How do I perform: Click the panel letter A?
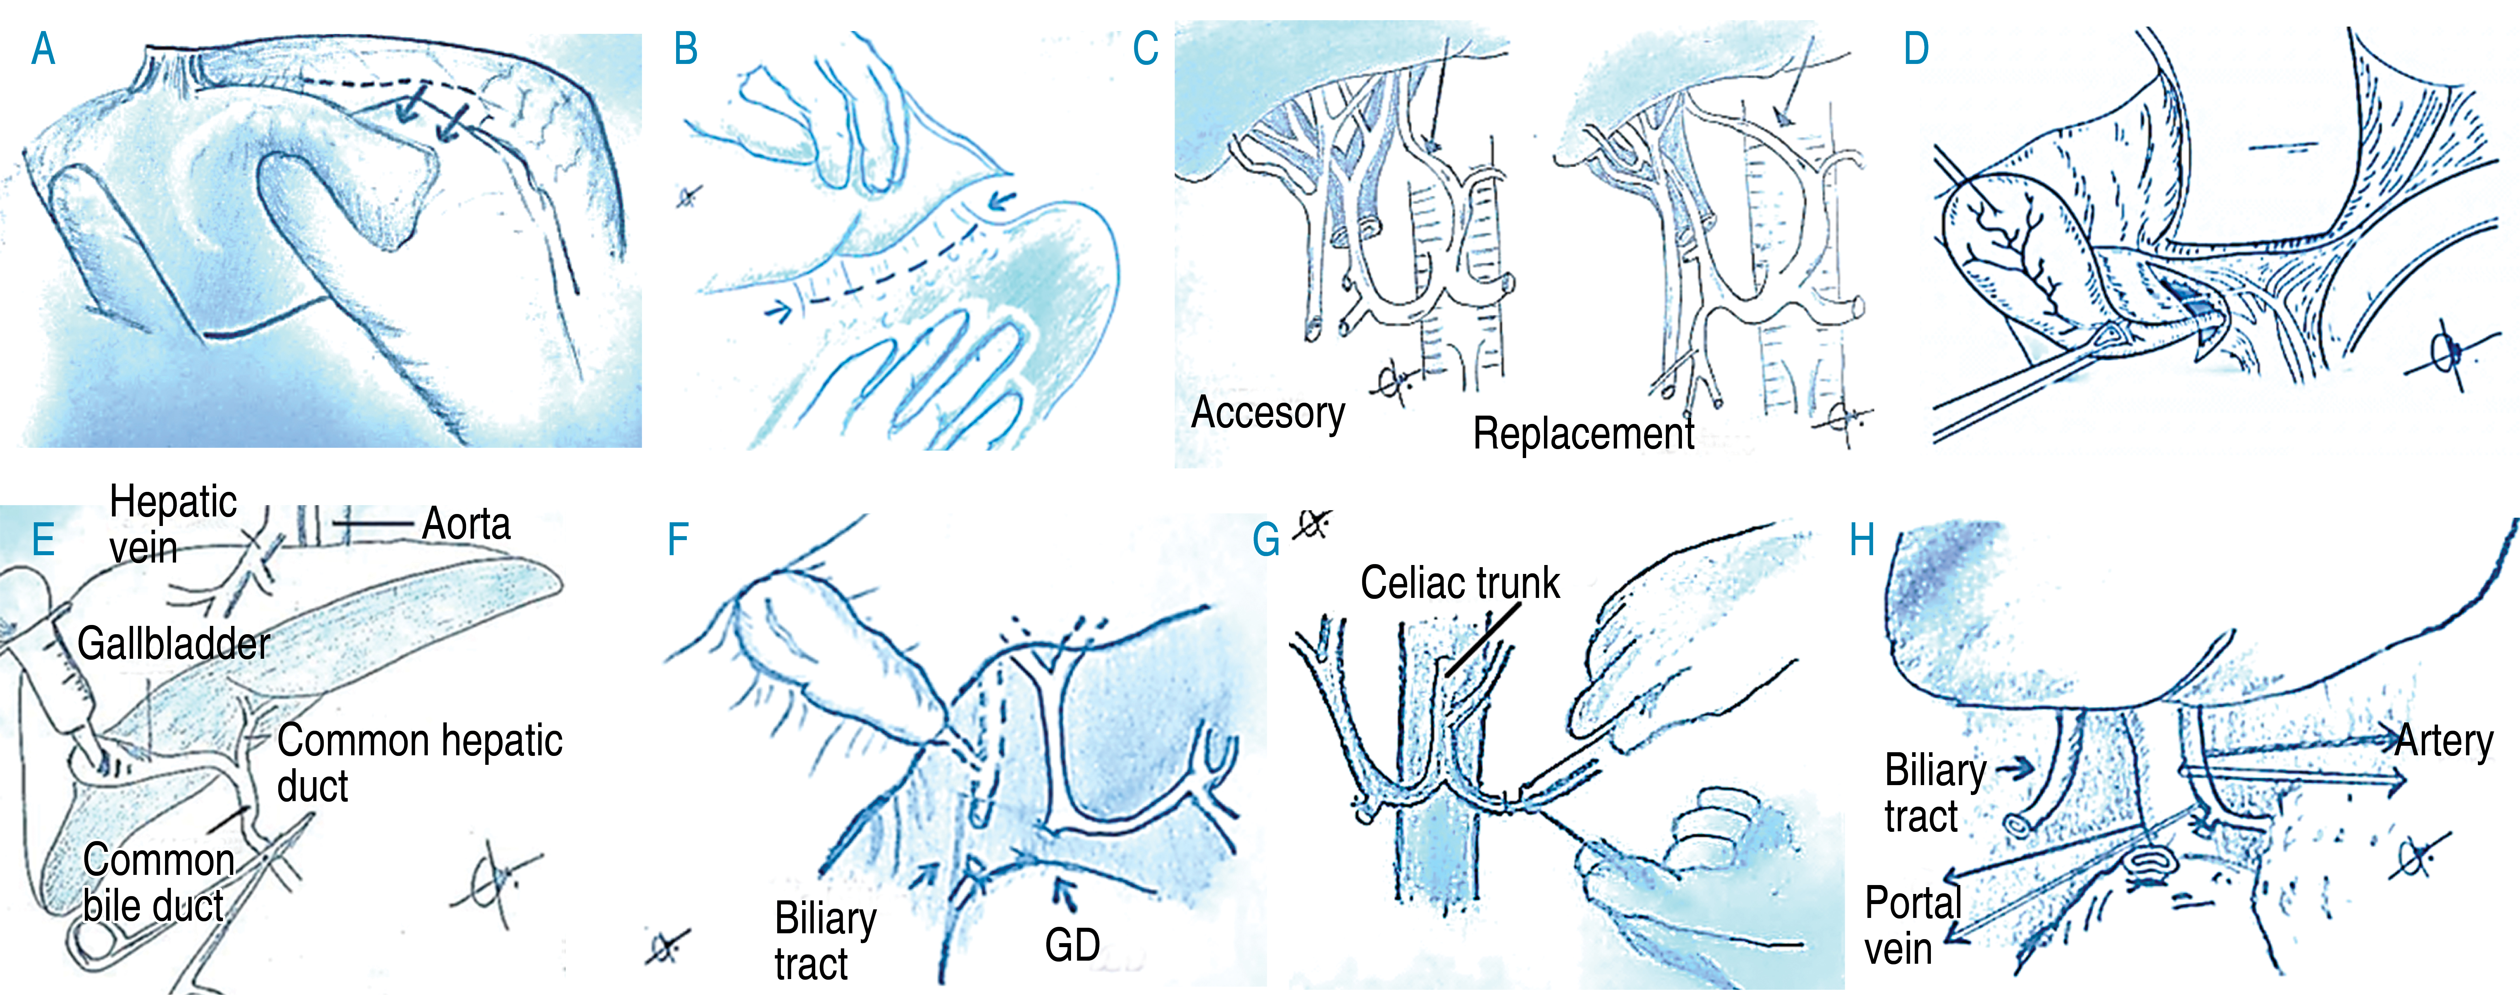point(43,49)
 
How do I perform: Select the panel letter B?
point(686,49)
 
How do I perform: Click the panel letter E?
point(43,540)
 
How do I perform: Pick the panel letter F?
point(678,540)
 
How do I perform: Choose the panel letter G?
point(1266,540)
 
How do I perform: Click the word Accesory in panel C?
point(1268,413)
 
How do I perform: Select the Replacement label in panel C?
point(1583,433)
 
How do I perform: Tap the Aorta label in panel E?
point(466,524)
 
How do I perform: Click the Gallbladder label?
point(173,644)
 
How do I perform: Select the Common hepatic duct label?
point(419,763)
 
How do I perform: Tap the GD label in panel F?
point(1072,945)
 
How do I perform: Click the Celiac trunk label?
point(1459,583)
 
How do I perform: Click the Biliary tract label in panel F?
point(825,941)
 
